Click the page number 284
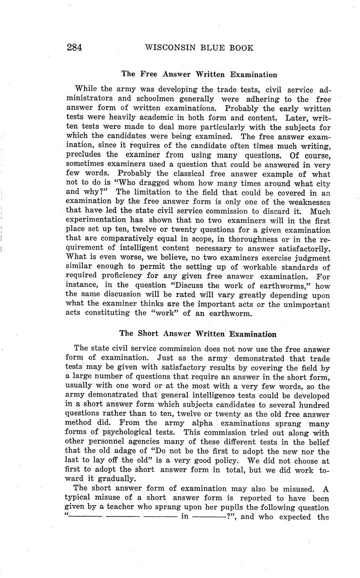[74, 47]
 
